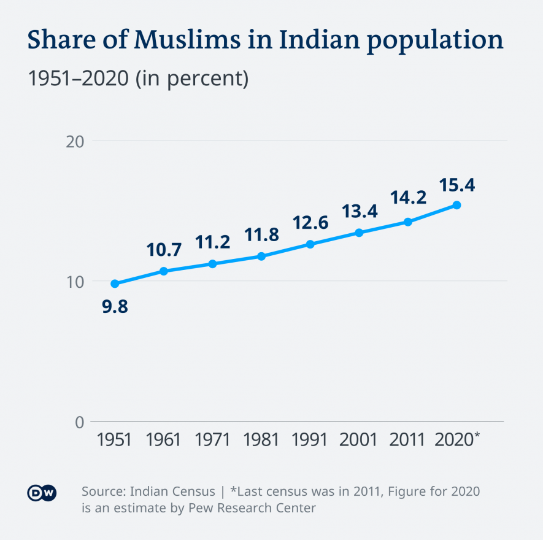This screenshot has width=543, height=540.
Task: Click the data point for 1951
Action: tap(115, 283)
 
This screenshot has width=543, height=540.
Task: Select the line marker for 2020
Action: tap(456, 205)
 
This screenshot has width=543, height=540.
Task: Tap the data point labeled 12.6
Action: tap(310, 244)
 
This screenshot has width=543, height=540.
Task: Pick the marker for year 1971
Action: tap(212, 264)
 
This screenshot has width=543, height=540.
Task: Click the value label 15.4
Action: tap(456, 185)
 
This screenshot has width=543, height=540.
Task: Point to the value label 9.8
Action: tap(115, 306)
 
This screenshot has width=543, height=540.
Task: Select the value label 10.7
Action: tap(164, 250)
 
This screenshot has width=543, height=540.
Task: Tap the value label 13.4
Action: tap(359, 212)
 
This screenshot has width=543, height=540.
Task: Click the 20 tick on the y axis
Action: tap(74, 141)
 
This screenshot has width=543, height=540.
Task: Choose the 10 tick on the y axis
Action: tap(74, 282)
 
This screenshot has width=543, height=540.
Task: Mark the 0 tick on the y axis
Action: tap(79, 422)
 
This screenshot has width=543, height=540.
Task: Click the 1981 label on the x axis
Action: tap(261, 440)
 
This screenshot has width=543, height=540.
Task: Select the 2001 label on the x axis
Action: tap(359, 440)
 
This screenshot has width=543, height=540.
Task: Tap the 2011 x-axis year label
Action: tap(407, 440)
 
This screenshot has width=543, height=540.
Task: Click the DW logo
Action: tap(42, 493)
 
